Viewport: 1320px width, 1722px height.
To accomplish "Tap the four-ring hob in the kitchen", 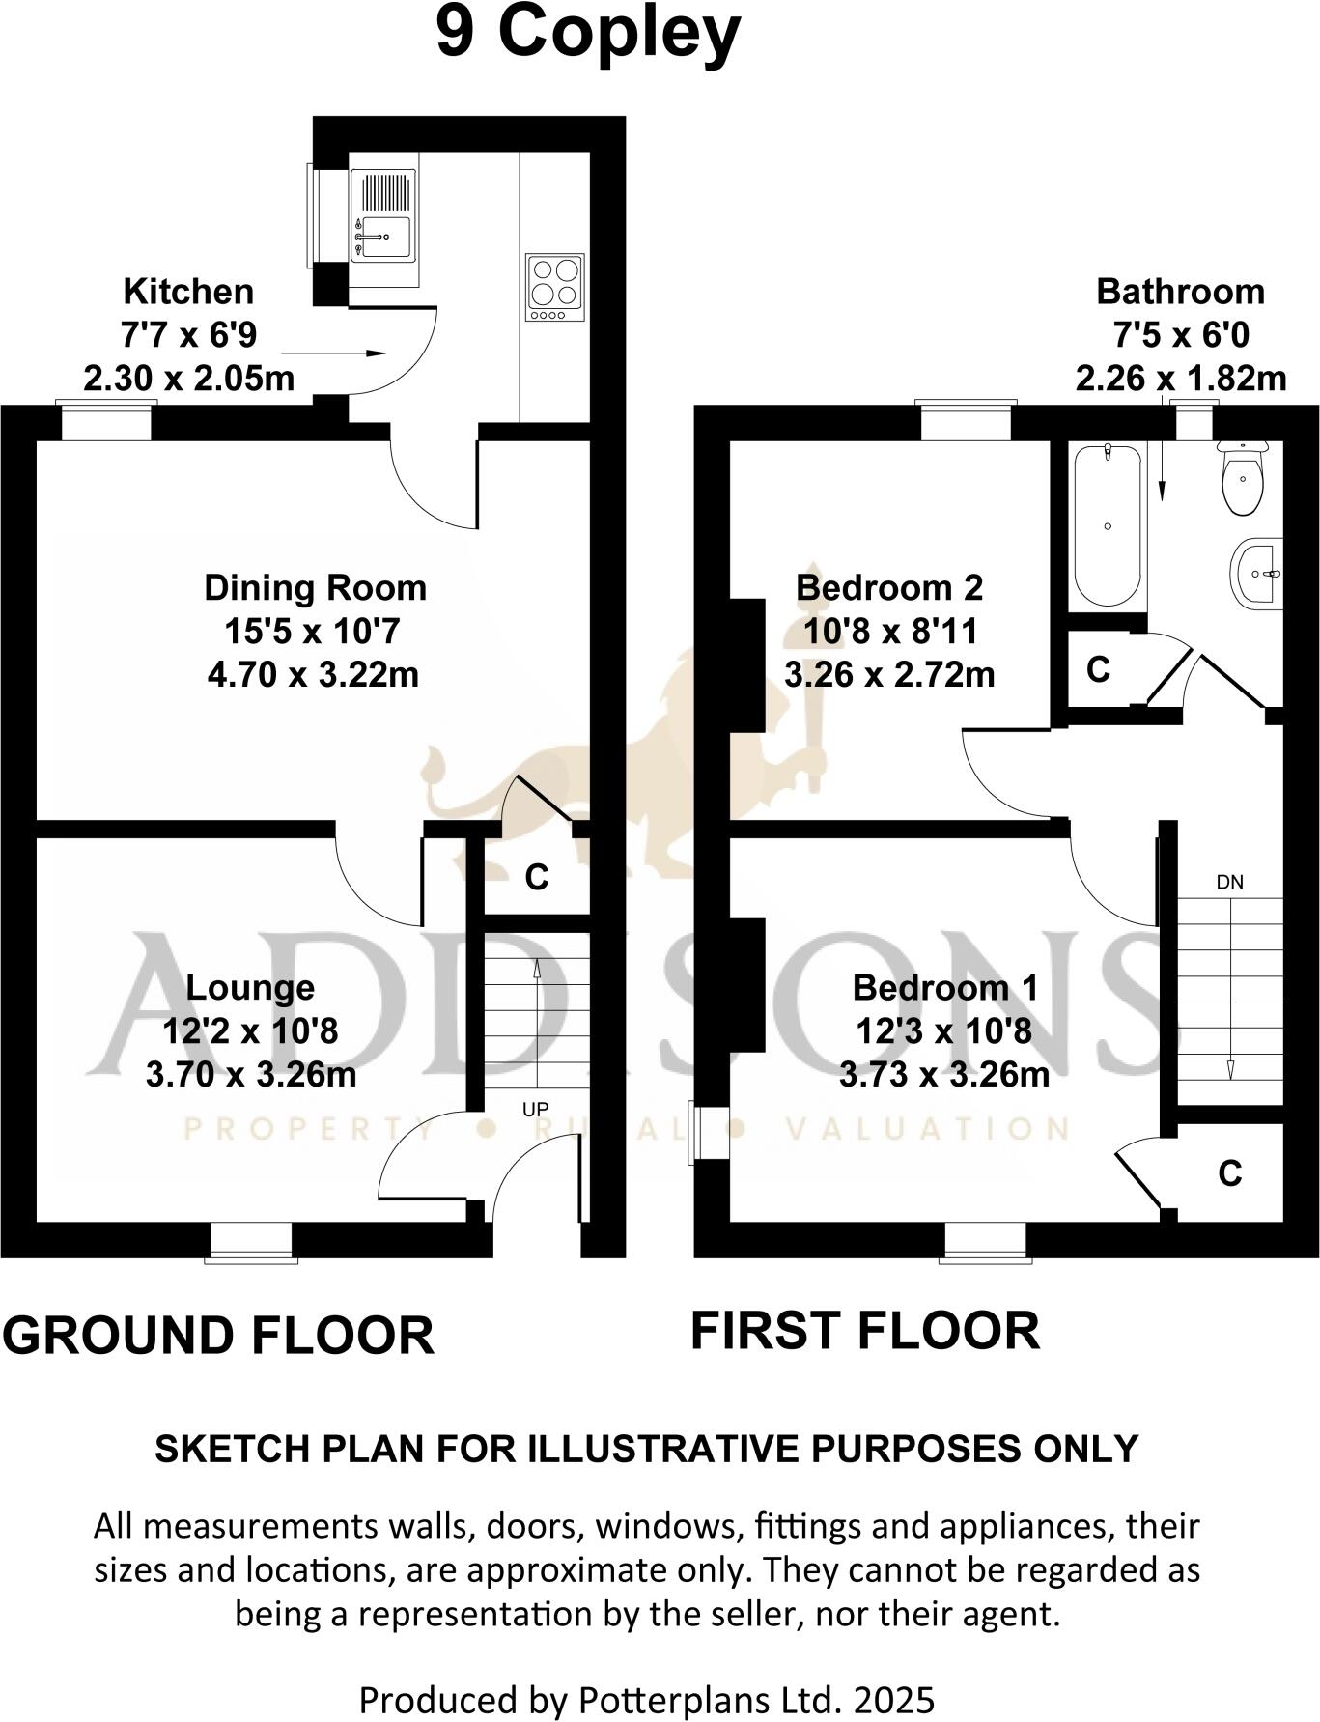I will pyautogui.click(x=555, y=287).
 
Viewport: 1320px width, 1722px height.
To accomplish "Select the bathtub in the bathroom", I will pyautogui.click(x=1108, y=524).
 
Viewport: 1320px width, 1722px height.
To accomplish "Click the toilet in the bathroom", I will pyautogui.click(x=1243, y=479).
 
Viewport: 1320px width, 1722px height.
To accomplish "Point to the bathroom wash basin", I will pyautogui.click(x=1259, y=573).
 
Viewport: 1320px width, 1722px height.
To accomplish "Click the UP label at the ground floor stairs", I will pyautogui.click(x=536, y=1110).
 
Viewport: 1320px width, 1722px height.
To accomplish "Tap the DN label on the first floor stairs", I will pyautogui.click(x=1229, y=882).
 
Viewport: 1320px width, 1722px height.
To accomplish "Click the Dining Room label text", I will pyautogui.click(x=315, y=587).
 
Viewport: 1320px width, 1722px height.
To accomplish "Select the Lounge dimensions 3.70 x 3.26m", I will pyautogui.click(x=251, y=1074).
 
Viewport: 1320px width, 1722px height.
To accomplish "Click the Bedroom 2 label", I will pyautogui.click(x=888, y=587).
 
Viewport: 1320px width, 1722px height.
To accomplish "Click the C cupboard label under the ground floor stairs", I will pyautogui.click(x=536, y=877).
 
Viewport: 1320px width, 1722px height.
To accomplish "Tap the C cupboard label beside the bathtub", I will pyautogui.click(x=1098, y=669).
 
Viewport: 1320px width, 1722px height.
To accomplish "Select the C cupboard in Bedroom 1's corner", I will pyautogui.click(x=1229, y=1172).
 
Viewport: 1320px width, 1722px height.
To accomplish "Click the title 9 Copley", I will pyautogui.click(x=588, y=36).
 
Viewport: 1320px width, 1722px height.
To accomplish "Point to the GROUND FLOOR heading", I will pyautogui.click(x=218, y=1335).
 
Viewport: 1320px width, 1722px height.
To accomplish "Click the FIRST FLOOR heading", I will pyautogui.click(x=864, y=1330).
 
